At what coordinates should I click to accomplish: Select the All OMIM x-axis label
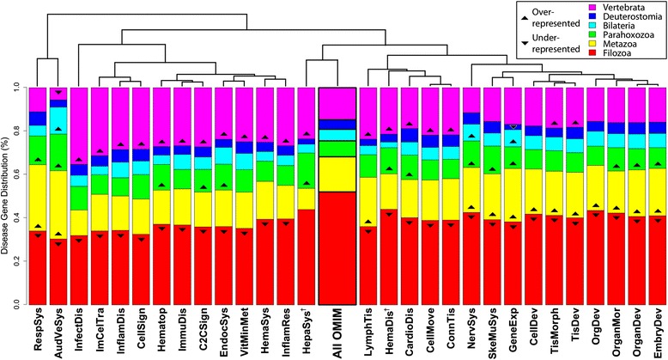tap(337, 333)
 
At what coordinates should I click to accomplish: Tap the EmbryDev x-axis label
tap(638, 333)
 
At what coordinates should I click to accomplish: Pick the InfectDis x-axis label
tap(81, 333)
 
